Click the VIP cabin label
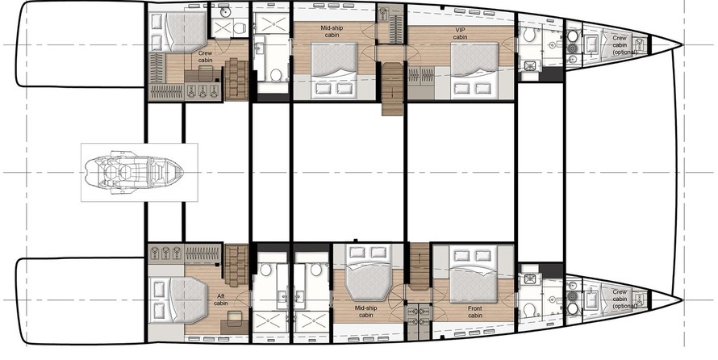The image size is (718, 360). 460,33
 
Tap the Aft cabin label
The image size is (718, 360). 221,299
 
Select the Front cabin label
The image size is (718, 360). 475,312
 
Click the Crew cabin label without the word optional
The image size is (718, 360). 205,57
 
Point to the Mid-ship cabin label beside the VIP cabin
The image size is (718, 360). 332,31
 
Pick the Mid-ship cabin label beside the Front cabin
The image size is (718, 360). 366,312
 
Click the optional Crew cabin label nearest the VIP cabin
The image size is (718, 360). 620,45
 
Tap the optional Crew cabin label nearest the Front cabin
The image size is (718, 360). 620,299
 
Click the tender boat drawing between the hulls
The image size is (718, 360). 134,172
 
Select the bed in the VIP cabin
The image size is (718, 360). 474,70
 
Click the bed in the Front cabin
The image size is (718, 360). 474,274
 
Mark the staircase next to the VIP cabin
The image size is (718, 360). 392,89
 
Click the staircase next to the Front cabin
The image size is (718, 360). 419,266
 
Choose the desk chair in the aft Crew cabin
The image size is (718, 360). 206,73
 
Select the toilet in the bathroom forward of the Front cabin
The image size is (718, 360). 529,309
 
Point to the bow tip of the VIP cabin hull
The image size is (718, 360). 683,45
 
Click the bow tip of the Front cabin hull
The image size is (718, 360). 683,300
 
